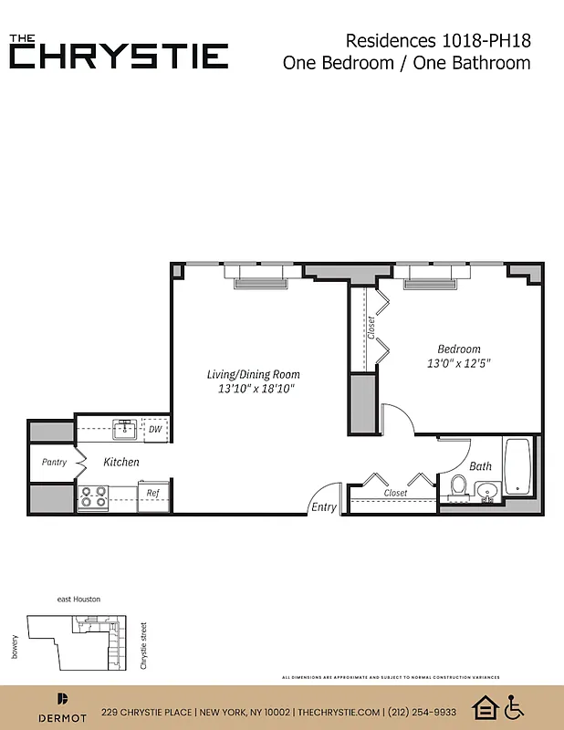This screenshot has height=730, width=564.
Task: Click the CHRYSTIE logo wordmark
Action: [119, 55]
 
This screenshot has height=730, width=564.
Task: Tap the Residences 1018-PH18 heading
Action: [438, 40]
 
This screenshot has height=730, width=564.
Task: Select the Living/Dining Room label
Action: [253, 374]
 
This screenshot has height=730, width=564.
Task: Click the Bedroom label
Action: [458, 349]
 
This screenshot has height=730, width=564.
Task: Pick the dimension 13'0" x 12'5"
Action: [459, 363]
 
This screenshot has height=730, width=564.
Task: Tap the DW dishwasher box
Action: [156, 429]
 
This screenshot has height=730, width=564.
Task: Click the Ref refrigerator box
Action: [153, 493]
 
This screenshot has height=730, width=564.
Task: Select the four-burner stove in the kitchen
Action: [93, 496]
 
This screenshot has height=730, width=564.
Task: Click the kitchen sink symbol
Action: [124, 428]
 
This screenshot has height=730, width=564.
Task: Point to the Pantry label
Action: [54, 462]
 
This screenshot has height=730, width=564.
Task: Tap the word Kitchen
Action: [120, 462]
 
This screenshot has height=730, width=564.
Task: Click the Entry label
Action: [323, 507]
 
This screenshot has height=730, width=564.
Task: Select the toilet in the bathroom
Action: [459, 488]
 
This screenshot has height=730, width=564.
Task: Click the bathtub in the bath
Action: [517, 468]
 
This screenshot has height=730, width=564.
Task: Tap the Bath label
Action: [480, 466]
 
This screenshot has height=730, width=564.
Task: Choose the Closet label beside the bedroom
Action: [371, 328]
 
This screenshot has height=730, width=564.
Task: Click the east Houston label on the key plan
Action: [78, 599]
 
